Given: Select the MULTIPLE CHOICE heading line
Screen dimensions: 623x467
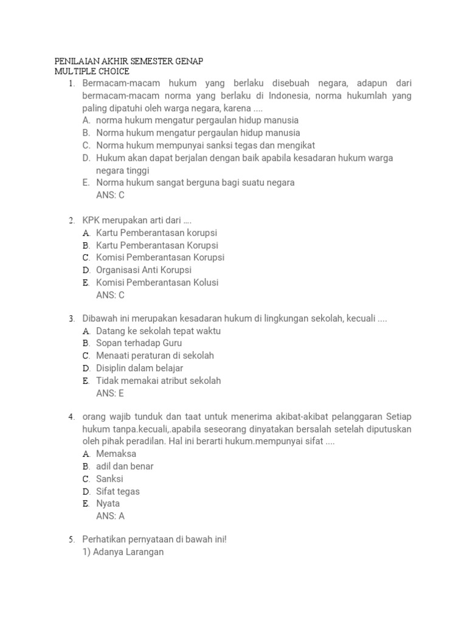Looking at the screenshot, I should tap(91, 72).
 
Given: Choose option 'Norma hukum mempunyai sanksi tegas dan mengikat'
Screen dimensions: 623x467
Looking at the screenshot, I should tap(206, 145).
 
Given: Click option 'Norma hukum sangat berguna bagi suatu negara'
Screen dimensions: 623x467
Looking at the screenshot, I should tap(195, 183).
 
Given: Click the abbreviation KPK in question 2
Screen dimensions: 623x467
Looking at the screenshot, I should tap(92, 220).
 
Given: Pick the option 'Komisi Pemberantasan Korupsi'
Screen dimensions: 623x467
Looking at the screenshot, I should tap(160, 257).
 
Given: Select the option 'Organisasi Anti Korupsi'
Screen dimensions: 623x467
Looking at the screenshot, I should tap(144, 270).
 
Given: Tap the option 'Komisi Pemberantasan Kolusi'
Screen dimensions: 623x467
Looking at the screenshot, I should tap(157, 282).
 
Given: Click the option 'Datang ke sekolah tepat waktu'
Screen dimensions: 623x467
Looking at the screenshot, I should tap(158, 331).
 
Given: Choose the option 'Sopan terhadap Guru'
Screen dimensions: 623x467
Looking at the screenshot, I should tap(139, 343).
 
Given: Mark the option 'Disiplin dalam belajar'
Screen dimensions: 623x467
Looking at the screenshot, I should tap(139, 368).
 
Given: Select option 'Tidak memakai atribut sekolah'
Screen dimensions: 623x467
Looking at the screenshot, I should tap(158, 380).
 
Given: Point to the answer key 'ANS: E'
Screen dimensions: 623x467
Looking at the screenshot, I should tap(110, 393).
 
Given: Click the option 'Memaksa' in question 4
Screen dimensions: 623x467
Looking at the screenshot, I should tap(116, 454).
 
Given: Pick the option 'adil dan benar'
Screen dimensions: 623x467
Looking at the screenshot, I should tap(125, 466).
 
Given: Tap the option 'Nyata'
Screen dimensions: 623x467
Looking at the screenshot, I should tap(108, 503).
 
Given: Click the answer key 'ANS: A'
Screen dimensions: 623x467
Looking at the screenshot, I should tap(110, 516).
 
